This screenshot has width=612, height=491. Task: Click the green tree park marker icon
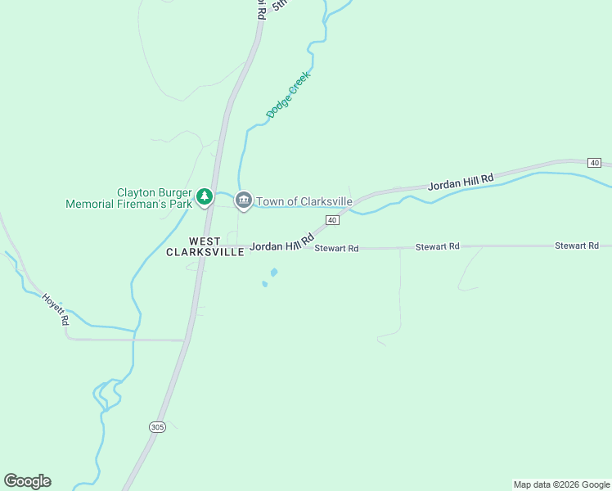coord(205,197)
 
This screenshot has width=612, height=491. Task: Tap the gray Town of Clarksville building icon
coord(243,200)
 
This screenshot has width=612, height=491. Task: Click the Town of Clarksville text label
coord(304,201)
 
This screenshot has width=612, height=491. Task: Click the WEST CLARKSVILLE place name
coord(205,246)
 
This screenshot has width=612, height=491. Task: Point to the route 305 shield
coord(158,427)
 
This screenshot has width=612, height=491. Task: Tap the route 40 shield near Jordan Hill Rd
coord(332,220)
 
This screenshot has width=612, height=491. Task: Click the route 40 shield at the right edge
coord(595,163)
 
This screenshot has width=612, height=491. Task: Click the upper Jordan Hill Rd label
coord(461,182)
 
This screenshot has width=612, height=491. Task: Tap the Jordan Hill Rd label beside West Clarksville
coord(282,243)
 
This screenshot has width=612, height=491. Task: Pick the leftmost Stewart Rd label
coord(336,248)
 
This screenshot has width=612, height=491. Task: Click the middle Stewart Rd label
coord(438,246)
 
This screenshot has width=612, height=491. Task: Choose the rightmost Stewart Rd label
coord(577,245)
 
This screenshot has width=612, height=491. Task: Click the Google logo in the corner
coord(27,481)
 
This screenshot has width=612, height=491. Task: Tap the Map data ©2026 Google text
coord(561,484)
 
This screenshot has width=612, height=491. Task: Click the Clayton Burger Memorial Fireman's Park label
coord(128,198)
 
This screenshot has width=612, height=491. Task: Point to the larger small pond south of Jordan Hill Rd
coord(273,273)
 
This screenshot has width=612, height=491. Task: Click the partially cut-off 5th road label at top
coord(281,4)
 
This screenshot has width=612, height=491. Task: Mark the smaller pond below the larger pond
coord(264,284)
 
